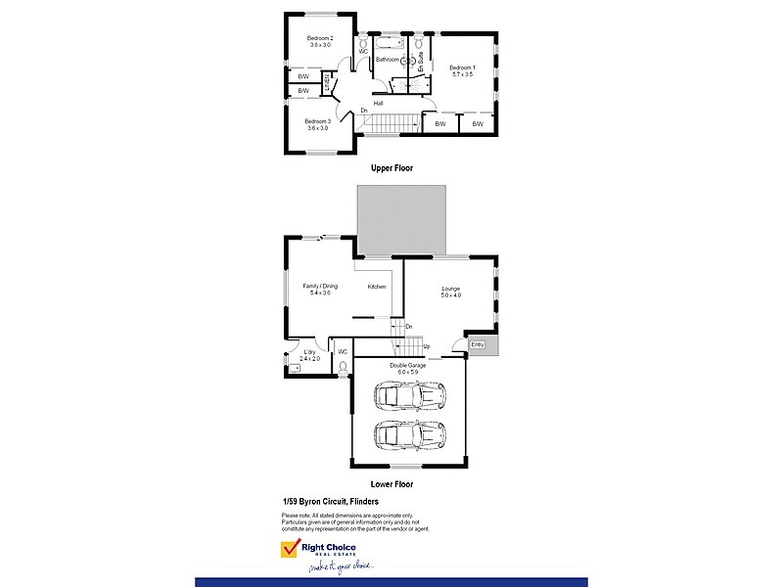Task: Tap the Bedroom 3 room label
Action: [318, 121]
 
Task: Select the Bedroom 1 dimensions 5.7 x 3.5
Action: [461, 74]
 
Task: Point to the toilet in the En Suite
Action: [419, 44]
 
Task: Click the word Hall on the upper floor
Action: [378, 103]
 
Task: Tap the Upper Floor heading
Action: [391, 168]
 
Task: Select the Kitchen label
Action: [377, 287]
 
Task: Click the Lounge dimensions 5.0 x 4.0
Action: [450, 295]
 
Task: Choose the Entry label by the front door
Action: [478, 344]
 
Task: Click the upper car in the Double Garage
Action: [410, 396]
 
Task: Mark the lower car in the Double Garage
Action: [410, 433]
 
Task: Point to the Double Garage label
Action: [407, 365]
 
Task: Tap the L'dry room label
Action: [309, 352]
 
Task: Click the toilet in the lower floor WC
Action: [343, 367]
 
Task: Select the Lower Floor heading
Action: [391, 484]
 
